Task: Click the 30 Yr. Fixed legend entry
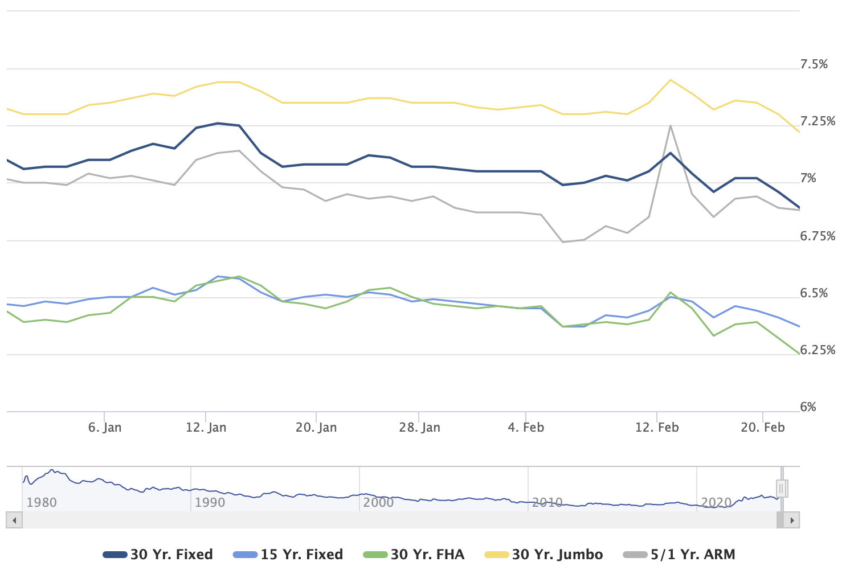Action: point(157,555)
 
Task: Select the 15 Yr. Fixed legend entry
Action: point(288,555)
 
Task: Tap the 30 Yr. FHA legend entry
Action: point(414,555)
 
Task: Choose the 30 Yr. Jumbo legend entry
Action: point(543,555)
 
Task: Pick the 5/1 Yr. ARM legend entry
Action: point(679,555)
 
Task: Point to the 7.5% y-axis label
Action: point(814,64)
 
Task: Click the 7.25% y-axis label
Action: point(818,121)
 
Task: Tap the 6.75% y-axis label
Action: point(818,236)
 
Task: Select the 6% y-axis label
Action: point(808,407)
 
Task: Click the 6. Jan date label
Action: point(105,428)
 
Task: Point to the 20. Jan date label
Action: point(316,428)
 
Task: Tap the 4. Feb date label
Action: point(526,428)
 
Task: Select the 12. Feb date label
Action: point(657,428)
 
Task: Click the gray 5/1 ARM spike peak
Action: point(671,126)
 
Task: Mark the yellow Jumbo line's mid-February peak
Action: point(671,80)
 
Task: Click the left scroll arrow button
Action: point(14,520)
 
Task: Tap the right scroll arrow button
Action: point(792,520)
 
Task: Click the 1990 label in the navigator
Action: point(210,502)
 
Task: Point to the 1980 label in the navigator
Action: point(42,502)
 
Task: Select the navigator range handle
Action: point(782,489)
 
